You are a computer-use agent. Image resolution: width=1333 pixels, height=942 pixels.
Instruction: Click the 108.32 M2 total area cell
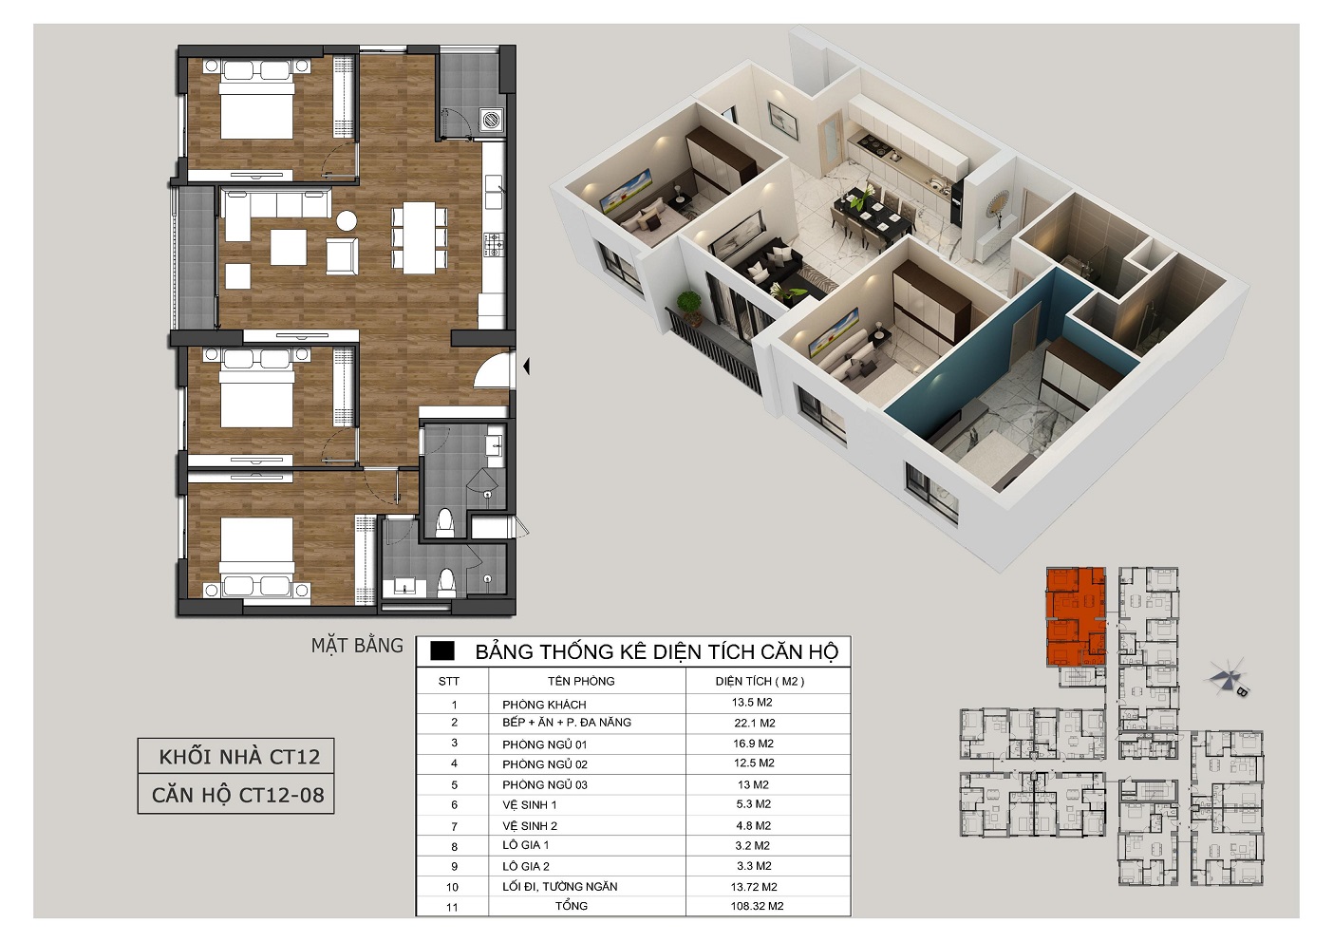[757, 906]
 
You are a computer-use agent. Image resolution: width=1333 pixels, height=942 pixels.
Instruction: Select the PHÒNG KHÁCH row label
[544, 706]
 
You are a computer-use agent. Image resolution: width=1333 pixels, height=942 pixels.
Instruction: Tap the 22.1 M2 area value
[755, 723]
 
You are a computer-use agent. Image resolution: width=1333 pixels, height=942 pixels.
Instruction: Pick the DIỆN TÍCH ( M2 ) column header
[760, 682]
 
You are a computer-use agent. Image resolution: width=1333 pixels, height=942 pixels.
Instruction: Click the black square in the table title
[441, 651]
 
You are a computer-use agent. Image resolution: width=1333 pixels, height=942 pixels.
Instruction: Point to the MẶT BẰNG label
[357, 646]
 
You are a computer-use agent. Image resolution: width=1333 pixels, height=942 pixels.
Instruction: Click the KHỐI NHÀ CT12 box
[235, 756]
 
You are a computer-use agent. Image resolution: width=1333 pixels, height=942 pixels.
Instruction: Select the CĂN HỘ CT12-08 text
[238, 795]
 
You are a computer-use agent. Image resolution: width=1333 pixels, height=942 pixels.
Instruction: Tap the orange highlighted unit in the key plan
[1076, 616]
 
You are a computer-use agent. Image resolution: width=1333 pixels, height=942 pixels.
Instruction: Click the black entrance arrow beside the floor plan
[526, 367]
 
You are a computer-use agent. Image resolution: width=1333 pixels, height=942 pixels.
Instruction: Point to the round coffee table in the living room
[347, 221]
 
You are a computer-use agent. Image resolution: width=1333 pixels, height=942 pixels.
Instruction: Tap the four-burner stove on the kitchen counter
[494, 245]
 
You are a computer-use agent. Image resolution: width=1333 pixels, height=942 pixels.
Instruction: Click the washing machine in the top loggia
[491, 120]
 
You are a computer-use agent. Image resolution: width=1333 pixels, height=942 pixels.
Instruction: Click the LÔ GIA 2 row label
[525, 866]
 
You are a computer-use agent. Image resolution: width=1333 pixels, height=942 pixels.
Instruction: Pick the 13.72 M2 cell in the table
[754, 887]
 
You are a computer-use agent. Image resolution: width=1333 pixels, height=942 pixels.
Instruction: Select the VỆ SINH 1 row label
[529, 805]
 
